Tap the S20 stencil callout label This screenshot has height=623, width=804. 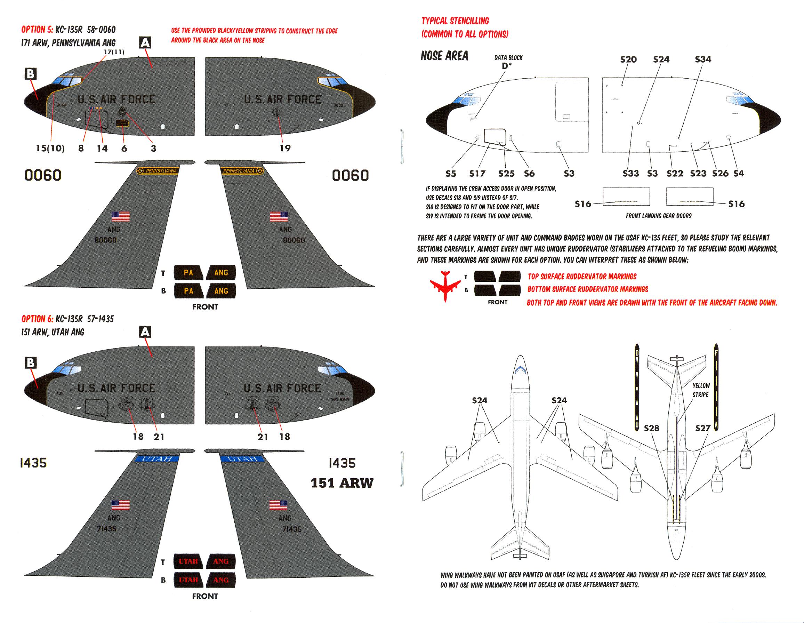(628, 59)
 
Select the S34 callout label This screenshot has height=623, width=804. (703, 59)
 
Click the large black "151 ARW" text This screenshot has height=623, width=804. (341, 483)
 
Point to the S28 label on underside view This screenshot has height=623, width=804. (651, 428)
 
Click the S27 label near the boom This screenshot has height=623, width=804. (702, 428)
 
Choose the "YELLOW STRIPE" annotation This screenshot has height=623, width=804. (701, 390)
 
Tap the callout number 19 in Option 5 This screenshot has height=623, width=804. (285, 148)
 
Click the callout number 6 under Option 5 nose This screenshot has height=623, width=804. (124, 149)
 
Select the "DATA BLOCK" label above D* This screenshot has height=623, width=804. (508, 58)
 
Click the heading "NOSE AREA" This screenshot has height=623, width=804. (444, 56)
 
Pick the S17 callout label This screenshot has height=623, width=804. (477, 174)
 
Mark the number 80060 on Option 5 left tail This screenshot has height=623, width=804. (105, 240)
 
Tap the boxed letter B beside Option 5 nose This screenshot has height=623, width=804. (30, 74)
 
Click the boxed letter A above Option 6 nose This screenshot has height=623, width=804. (145, 332)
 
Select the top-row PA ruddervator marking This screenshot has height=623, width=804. (188, 273)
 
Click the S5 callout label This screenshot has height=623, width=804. (451, 174)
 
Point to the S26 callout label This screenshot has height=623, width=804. (720, 174)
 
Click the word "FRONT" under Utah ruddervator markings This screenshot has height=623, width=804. (205, 596)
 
